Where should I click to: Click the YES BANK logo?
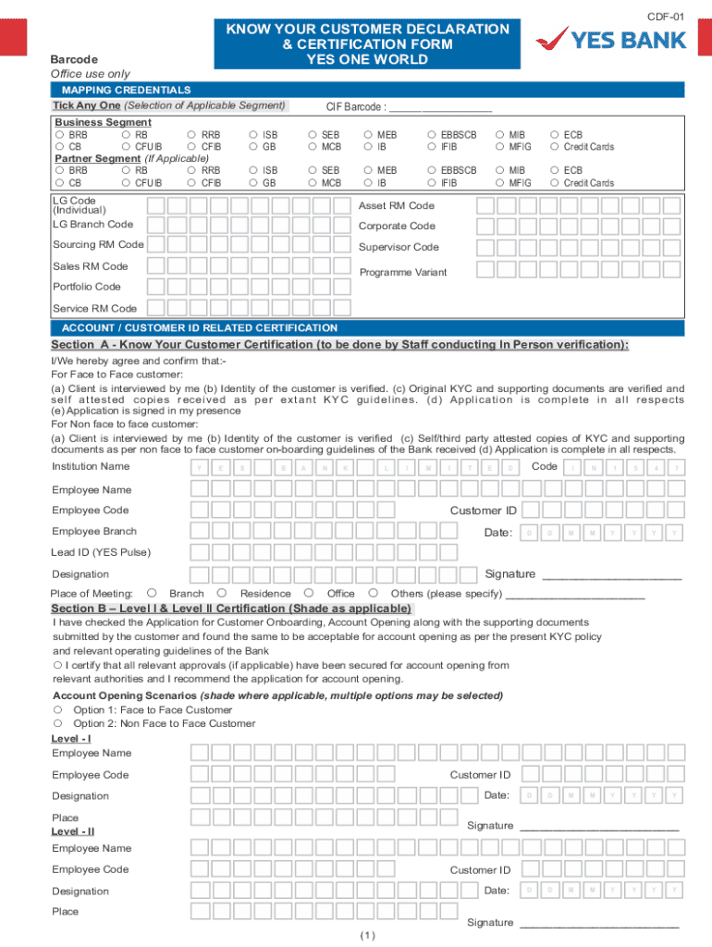click(x=613, y=38)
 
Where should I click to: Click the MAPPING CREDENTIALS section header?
click(x=126, y=90)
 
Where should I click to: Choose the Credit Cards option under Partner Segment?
click(x=555, y=183)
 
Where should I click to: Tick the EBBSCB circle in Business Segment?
click(x=432, y=135)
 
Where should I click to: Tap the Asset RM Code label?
click(x=396, y=205)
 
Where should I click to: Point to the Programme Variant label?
click(x=402, y=272)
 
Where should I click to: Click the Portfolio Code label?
click(x=86, y=287)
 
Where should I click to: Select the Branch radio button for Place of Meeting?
click(x=152, y=593)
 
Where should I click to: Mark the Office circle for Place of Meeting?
click(x=308, y=593)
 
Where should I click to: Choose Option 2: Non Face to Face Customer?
click(x=57, y=723)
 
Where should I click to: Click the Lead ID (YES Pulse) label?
click(x=100, y=552)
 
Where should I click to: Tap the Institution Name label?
click(x=91, y=466)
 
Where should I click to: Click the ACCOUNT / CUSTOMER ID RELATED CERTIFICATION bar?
click(x=199, y=328)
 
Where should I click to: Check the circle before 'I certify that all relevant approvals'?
click(x=57, y=665)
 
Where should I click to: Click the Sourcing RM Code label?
click(x=98, y=244)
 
